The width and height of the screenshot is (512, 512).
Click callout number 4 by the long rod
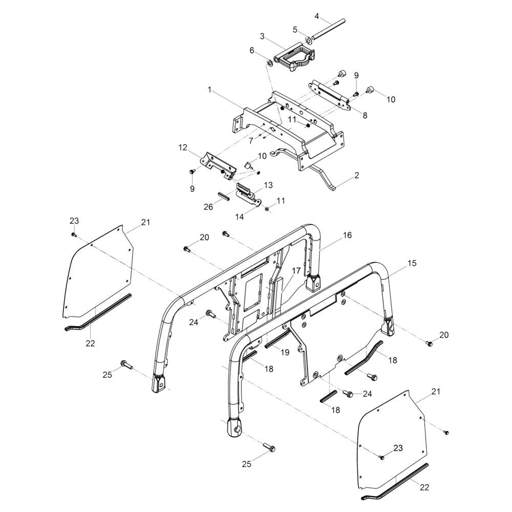pos(317,16)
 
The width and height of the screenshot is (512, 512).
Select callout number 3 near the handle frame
pos(262,36)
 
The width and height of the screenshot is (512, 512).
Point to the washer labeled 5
pos(309,39)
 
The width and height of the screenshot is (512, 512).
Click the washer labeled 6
pos(268,63)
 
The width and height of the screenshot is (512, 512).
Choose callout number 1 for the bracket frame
pos(209,89)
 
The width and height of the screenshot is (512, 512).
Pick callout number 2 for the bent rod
pos(356,176)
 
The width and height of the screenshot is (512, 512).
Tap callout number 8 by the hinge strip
pos(365,116)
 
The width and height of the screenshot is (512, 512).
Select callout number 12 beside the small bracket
pos(183,147)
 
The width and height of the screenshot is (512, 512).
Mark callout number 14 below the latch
pos(241,217)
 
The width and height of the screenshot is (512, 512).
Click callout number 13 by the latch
pos(268,184)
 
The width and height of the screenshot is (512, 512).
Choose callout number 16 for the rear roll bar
pos(347,235)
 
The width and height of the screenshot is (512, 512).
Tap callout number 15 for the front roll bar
pos(412,263)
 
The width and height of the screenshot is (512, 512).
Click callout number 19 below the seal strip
pos(285,352)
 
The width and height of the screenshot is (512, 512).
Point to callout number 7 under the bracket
pos(250,140)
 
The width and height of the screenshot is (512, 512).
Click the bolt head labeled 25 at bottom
pos(270,449)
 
